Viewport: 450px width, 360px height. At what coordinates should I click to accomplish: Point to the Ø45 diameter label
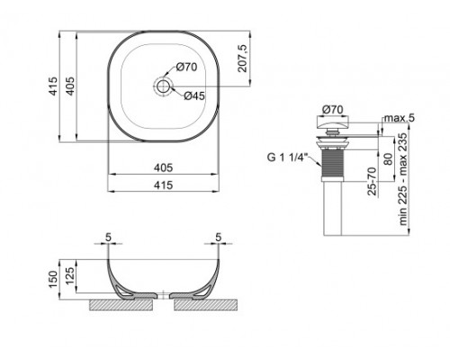click(196, 95)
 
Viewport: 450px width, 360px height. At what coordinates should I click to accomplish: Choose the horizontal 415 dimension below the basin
click(163, 184)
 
